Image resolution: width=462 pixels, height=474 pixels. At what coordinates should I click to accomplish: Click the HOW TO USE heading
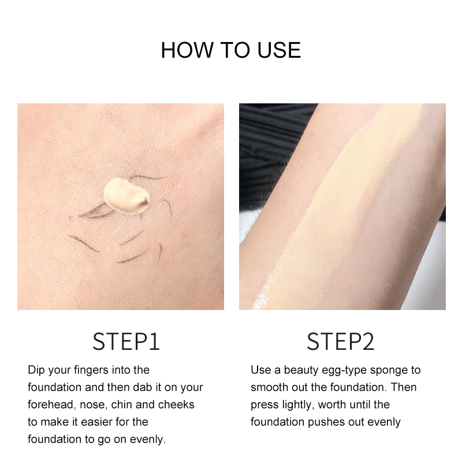pyautogui.click(x=230, y=50)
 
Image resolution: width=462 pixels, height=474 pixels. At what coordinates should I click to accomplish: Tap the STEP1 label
pyautogui.click(x=126, y=342)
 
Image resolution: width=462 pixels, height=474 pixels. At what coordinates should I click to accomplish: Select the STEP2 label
pyautogui.click(x=341, y=342)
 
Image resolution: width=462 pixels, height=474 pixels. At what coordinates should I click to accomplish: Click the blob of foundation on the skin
pyautogui.click(x=127, y=195)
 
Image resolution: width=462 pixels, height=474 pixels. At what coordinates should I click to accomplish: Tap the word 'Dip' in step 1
pyautogui.click(x=36, y=371)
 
